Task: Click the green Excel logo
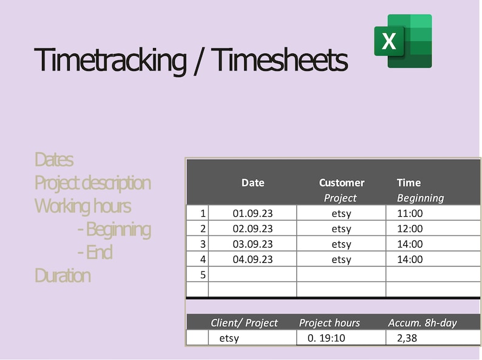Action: (403, 41)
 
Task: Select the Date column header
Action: (253, 183)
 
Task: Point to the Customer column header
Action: (341, 183)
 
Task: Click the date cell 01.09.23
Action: (253, 213)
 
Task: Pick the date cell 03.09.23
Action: (253, 244)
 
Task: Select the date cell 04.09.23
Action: (253, 259)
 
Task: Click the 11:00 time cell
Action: (410, 213)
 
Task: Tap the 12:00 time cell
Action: (410, 229)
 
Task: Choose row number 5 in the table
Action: (203, 275)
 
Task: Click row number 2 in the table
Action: (203, 229)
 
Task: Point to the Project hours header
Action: (329, 323)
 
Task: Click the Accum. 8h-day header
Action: (422, 323)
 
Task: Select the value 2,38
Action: (407, 338)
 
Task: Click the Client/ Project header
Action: (244, 323)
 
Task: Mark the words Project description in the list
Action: (92, 183)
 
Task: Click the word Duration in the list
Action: (63, 276)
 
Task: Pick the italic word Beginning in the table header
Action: (420, 198)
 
